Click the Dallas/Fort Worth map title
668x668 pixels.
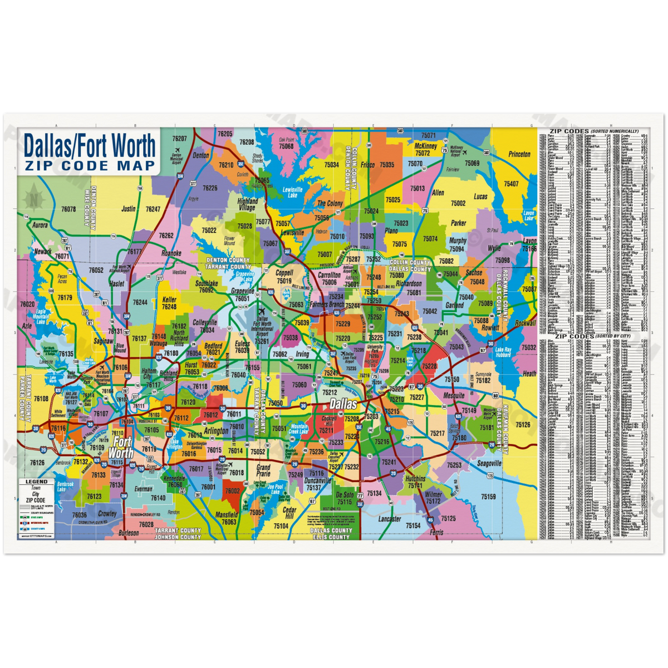(x=89, y=146)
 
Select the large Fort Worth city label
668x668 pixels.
(x=121, y=447)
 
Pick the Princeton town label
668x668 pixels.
(x=519, y=154)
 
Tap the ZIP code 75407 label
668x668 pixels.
(x=511, y=184)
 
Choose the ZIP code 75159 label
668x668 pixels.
(x=488, y=497)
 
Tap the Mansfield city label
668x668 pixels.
(x=227, y=515)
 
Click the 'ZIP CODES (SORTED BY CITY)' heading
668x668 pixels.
(x=593, y=337)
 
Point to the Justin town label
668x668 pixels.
(x=128, y=209)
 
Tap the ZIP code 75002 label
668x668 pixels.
(x=458, y=204)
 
